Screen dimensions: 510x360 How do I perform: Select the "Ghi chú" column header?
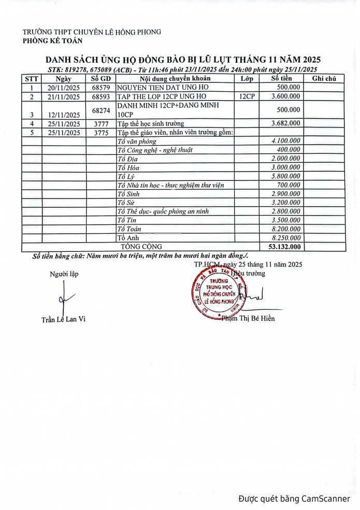point(324,79)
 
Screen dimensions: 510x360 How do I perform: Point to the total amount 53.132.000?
point(283,247)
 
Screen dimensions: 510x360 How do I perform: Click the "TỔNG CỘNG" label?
point(141,247)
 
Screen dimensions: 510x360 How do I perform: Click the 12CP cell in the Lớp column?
point(247,96)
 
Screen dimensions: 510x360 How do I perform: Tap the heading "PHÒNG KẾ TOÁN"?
point(52,41)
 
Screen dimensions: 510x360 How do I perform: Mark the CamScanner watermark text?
point(294,499)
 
